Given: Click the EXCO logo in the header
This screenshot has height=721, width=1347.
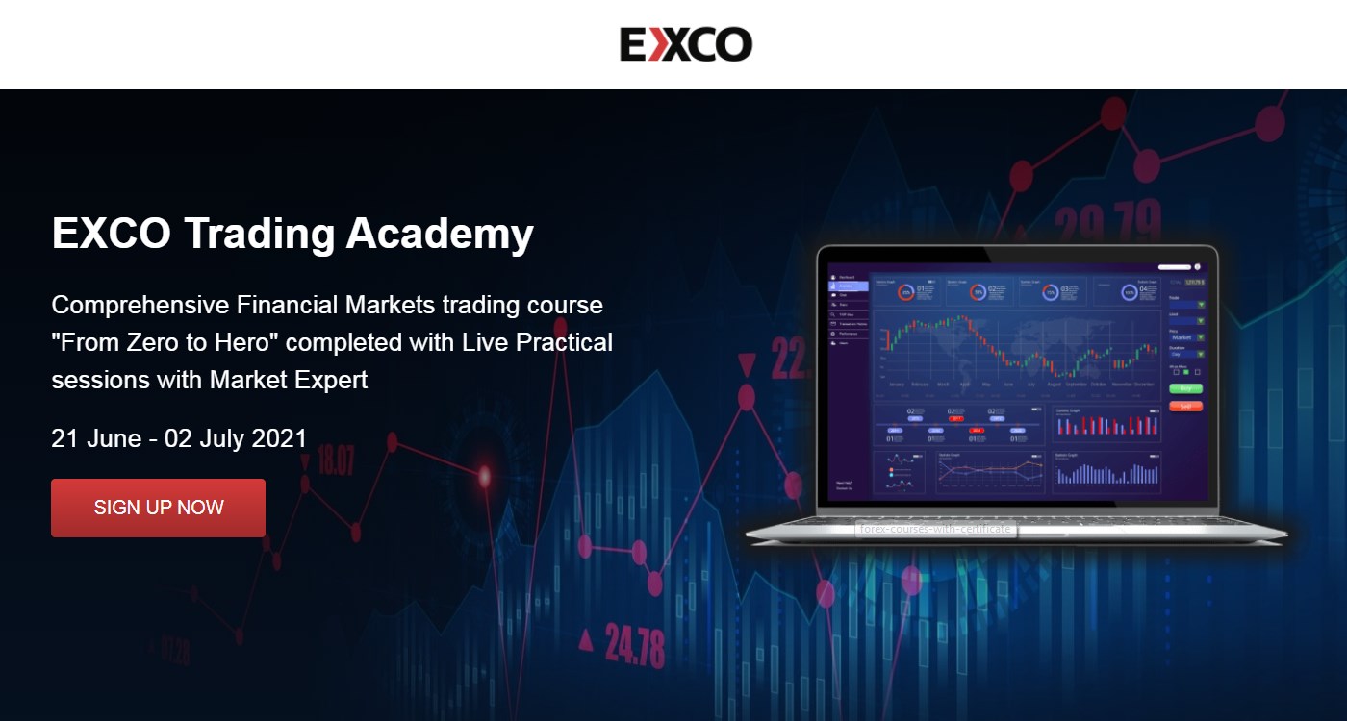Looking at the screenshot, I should pos(685,44).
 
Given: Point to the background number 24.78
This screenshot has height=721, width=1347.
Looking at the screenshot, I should pos(635,644).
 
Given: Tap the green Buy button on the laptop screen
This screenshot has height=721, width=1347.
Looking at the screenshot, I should pos(1185,388).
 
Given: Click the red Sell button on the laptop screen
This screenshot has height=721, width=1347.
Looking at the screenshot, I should pos(1185,406).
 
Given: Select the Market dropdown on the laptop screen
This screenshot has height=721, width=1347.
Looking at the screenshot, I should pos(1186,337).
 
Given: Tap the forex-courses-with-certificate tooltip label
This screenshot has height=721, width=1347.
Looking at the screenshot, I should pos(933,529).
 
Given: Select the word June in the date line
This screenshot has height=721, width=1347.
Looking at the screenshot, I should pos(114,438).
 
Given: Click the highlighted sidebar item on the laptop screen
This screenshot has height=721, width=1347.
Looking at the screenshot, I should pos(849,286).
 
